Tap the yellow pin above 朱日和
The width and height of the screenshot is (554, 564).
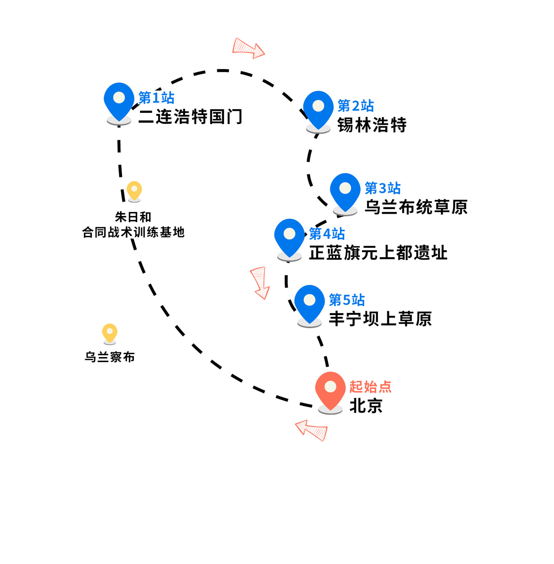coord(134,191)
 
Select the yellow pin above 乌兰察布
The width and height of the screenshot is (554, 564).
coord(110,333)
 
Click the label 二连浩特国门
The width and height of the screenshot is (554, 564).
coord(190,116)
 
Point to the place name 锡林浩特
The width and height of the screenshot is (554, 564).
coord(372,125)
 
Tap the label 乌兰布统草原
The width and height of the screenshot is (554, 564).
coord(416,207)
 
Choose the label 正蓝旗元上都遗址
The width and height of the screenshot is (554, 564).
coord(378,253)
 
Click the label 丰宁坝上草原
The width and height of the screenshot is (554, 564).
coord(380,319)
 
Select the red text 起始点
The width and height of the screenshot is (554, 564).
coord(370,386)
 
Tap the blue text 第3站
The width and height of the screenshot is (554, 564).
coord(382,188)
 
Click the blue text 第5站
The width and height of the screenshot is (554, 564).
coord(347,300)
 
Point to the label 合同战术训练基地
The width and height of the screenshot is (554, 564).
coord(134,232)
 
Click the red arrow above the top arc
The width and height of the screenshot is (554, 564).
coord(248,48)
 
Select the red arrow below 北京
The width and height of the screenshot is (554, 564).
coord(311,430)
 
